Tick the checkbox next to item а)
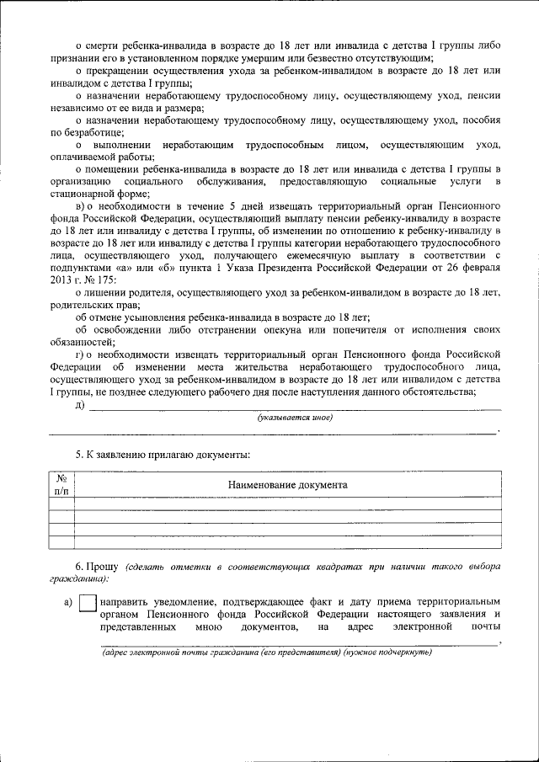88,604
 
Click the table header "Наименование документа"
287,485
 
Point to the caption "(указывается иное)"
295,418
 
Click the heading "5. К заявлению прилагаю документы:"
163,455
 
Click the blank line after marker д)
295,407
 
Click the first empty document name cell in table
287,504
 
